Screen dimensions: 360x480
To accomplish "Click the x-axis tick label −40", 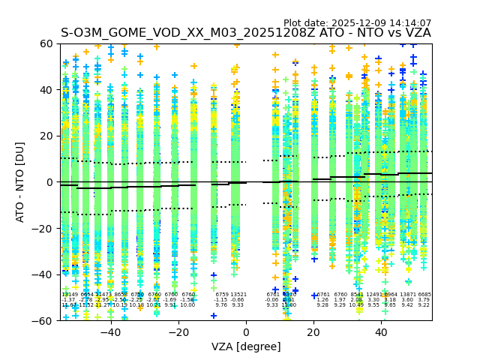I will (110, 332).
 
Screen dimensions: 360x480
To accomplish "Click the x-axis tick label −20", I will (178, 332).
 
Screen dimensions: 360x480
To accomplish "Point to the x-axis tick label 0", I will (246, 332).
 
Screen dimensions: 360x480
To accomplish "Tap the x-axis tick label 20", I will (313, 332).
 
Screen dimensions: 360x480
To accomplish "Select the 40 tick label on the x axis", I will (381, 332).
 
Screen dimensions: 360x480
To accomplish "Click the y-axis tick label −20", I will (45, 228).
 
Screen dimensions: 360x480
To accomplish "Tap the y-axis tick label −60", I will (45, 320).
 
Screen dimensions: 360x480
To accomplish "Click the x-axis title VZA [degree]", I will (246, 346).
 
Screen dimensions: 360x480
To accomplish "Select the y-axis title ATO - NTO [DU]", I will (21, 182).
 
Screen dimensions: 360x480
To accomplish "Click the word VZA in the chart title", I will (416, 33).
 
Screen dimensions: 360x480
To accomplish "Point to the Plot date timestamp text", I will (357, 23).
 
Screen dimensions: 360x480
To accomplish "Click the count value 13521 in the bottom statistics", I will (238, 295).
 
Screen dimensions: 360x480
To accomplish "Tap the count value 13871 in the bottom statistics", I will (408, 295).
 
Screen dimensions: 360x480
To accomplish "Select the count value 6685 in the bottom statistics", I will (424, 295).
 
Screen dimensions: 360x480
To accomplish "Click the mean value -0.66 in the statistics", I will (238, 300).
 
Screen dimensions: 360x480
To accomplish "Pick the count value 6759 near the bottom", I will (222, 295).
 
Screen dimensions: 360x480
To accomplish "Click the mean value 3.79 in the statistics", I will (424, 300).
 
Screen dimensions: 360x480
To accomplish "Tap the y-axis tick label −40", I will (45, 274).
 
